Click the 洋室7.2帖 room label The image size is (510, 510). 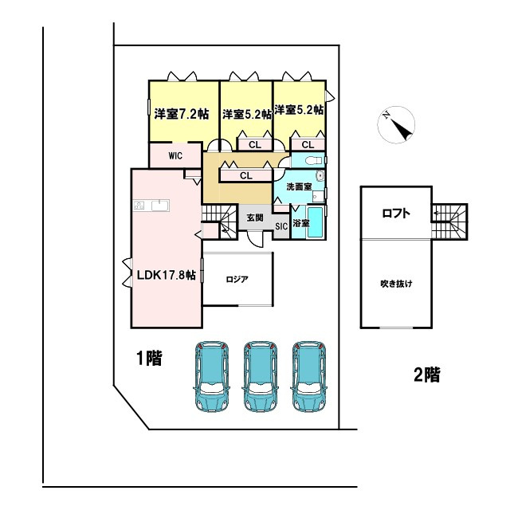[182, 114]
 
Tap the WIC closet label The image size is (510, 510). [176, 156]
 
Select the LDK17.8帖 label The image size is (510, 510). [166, 276]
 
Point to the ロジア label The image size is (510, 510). [237, 280]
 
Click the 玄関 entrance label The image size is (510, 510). [254, 217]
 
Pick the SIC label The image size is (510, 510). [281, 227]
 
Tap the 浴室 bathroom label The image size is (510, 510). [300, 224]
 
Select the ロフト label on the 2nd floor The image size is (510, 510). [396, 213]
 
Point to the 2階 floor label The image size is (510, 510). [426, 375]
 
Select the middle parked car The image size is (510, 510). [259, 377]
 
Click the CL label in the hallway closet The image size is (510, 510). [245, 175]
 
